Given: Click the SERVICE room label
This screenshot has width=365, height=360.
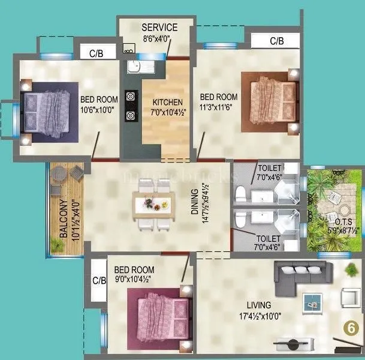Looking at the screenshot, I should pos(159,27).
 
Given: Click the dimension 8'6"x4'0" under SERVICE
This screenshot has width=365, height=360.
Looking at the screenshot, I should pos(159,38).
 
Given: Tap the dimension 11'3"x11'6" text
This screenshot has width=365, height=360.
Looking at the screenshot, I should pos(218,107).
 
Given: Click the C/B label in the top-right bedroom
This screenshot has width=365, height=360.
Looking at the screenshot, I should pos(276,41).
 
